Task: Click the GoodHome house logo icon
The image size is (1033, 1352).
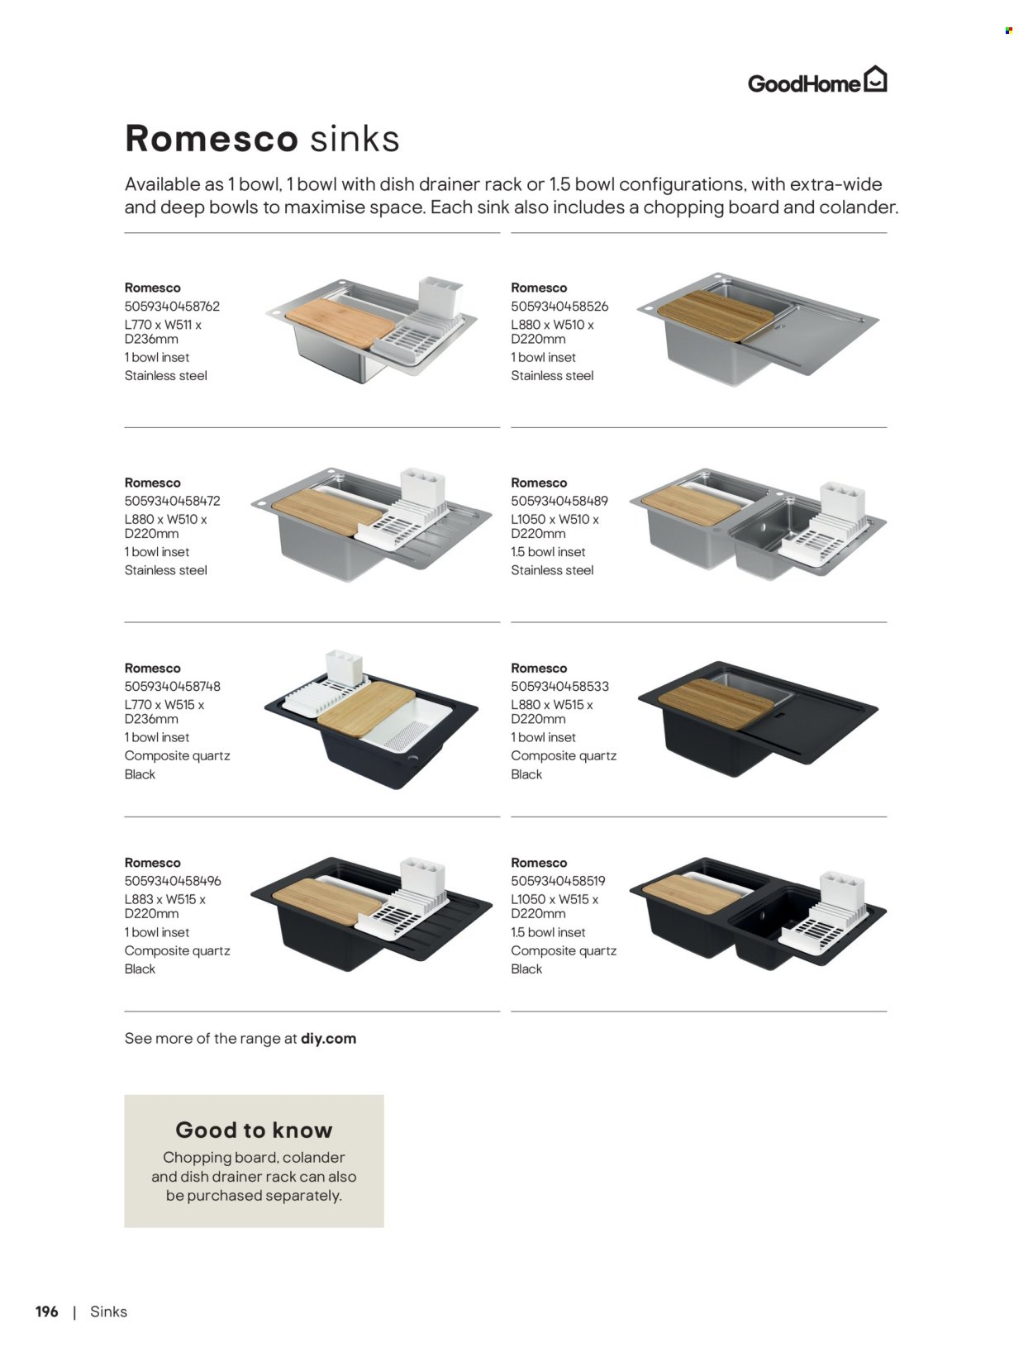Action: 875,79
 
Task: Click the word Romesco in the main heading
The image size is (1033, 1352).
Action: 211,138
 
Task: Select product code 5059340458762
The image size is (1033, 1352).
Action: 172,306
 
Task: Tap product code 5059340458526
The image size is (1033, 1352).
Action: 559,306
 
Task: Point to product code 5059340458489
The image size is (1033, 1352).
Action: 559,501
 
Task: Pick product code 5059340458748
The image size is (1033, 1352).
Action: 172,686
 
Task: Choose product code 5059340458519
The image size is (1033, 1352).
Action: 559,881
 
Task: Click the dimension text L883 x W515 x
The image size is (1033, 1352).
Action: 164,899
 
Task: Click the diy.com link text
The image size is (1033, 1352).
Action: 328,1039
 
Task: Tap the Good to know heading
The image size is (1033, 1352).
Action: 254,1130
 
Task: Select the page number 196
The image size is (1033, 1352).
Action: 47,1312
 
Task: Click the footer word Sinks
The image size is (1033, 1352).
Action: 108,1312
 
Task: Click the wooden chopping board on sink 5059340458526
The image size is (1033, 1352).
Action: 716,316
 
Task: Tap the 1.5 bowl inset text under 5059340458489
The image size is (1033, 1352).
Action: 548,552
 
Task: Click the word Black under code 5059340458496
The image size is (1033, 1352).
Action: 140,969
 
